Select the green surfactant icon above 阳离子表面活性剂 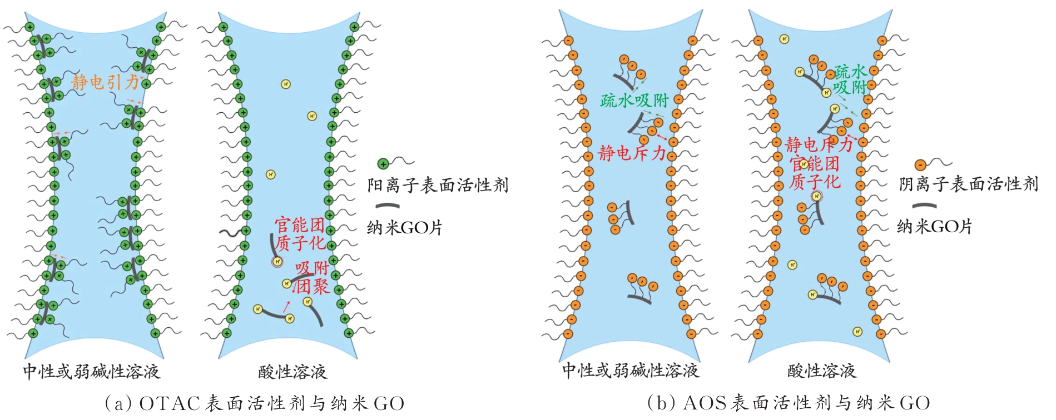coord(383,164)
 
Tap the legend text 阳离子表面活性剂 coord(438,185)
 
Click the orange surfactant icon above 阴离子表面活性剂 coord(920,165)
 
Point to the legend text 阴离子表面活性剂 coord(968,184)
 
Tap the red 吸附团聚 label coord(313,277)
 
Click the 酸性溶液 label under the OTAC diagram coord(292,372)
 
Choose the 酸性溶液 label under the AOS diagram coord(821,371)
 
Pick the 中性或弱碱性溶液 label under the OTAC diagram coord(91,371)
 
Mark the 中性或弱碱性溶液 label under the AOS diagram coord(630,371)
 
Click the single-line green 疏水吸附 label coord(634,101)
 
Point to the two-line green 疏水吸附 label coord(850,79)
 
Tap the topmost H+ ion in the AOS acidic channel coord(784,39)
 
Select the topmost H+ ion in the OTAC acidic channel coord(286,84)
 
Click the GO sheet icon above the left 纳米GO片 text coord(387,206)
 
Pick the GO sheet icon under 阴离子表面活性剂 coord(924,206)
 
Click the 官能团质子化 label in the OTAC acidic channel coord(300,234)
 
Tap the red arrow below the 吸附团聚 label coord(286,304)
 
